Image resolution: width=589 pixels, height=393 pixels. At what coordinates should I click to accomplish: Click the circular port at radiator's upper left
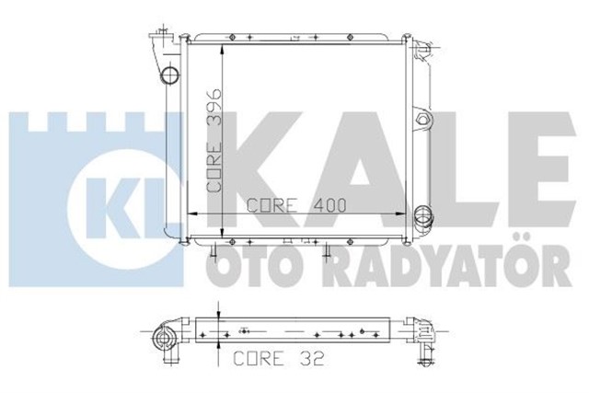tap(169, 74)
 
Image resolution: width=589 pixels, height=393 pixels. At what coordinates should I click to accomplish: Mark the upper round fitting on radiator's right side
tap(423, 121)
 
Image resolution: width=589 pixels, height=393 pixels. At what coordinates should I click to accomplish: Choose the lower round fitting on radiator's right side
tap(423, 217)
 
